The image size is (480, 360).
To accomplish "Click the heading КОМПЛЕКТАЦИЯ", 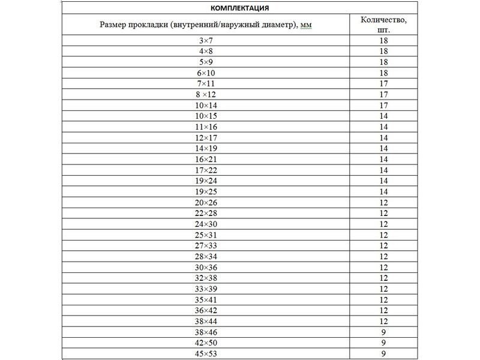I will pyautogui.click(x=239, y=8).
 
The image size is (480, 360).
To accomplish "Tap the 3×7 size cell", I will pyautogui.click(x=206, y=41).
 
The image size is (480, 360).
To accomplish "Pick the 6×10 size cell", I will pyautogui.click(x=206, y=73).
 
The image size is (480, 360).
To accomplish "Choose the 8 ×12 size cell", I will pyautogui.click(x=206, y=94).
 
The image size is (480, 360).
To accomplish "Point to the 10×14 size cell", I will pyautogui.click(x=206, y=105).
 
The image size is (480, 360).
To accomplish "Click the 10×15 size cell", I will pyautogui.click(x=206, y=116).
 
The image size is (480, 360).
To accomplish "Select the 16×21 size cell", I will pyautogui.click(x=206, y=159).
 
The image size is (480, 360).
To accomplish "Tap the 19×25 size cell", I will pyautogui.click(x=206, y=191).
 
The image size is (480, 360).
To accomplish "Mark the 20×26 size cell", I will pyautogui.click(x=206, y=202).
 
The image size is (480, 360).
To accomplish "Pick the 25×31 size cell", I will pyautogui.click(x=206, y=235).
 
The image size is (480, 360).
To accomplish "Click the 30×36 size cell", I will pyautogui.click(x=206, y=267).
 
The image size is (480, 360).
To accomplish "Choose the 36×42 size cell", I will pyautogui.click(x=206, y=310).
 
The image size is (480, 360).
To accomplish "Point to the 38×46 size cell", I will pyautogui.click(x=206, y=332).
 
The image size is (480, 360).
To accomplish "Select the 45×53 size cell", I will pyautogui.click(x=206, y=353).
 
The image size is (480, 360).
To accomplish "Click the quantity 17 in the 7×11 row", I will pyautogui.click(x=384, y=83).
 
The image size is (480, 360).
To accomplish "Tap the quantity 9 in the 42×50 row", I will pyautogui.click(x=384, y=343).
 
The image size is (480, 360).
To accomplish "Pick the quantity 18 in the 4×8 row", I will pyautogui.click(x=384, y=52).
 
